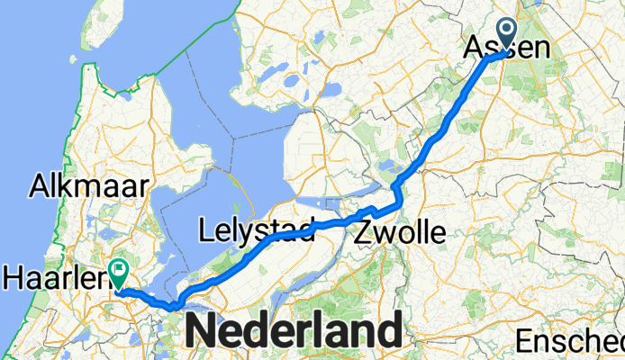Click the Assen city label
click(x=506, y=47)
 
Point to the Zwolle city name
click(x=400, y=233)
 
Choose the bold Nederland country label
click(x=294, y=331)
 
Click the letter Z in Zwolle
click(x=364, y=233)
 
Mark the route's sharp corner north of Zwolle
click(x=394, y=186)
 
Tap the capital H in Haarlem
click(x=13, y=275)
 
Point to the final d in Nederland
click(x=385, y=331)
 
